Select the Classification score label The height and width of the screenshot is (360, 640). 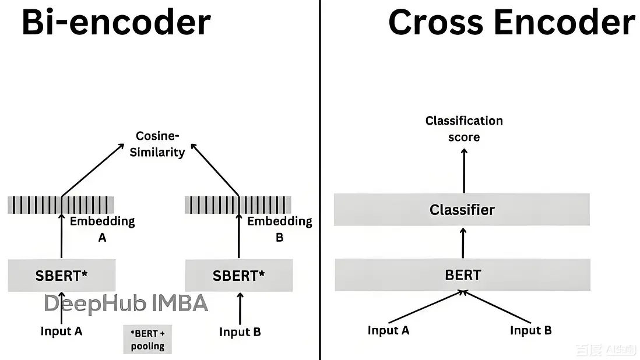point(464,129)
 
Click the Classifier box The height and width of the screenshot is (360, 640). point(462,210)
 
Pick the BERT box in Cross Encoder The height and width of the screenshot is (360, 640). point(462,274)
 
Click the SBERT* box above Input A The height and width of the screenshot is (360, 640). point(61,276)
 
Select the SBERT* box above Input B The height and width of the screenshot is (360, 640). point(238,276)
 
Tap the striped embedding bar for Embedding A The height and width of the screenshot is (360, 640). point(61,205)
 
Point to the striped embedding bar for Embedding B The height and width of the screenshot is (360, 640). point(238,205)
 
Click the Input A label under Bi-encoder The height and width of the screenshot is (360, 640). point(61,331)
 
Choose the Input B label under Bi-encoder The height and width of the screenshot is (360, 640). point(240,332)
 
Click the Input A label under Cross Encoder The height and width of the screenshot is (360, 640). point(388,330)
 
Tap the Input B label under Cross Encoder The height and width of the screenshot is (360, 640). point(530,330)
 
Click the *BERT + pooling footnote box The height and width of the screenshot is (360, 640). point(147,340)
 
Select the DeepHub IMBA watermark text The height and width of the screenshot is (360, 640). point(126,303)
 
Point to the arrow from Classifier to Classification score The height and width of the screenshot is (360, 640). point(464,170)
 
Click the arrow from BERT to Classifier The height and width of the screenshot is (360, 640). point(463,243)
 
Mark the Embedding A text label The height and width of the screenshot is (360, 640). point(102,229)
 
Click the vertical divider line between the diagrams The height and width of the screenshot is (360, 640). point(320,175)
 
